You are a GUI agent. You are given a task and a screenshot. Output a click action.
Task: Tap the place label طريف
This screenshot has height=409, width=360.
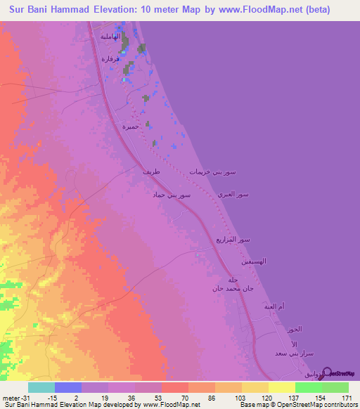(x=150, y=171)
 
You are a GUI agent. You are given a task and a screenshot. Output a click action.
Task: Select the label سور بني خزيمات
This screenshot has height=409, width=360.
(x=212, y=172)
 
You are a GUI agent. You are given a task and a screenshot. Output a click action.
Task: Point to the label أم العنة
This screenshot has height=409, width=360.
(x=272, y=307)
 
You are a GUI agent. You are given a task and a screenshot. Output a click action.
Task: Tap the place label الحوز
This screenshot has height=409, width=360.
(x=294, y=330)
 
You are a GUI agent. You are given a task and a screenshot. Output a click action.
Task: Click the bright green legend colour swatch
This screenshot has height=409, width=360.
(x=308, y=388)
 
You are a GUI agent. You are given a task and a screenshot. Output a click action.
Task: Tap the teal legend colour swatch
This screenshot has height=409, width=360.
(x=41, y=388)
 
